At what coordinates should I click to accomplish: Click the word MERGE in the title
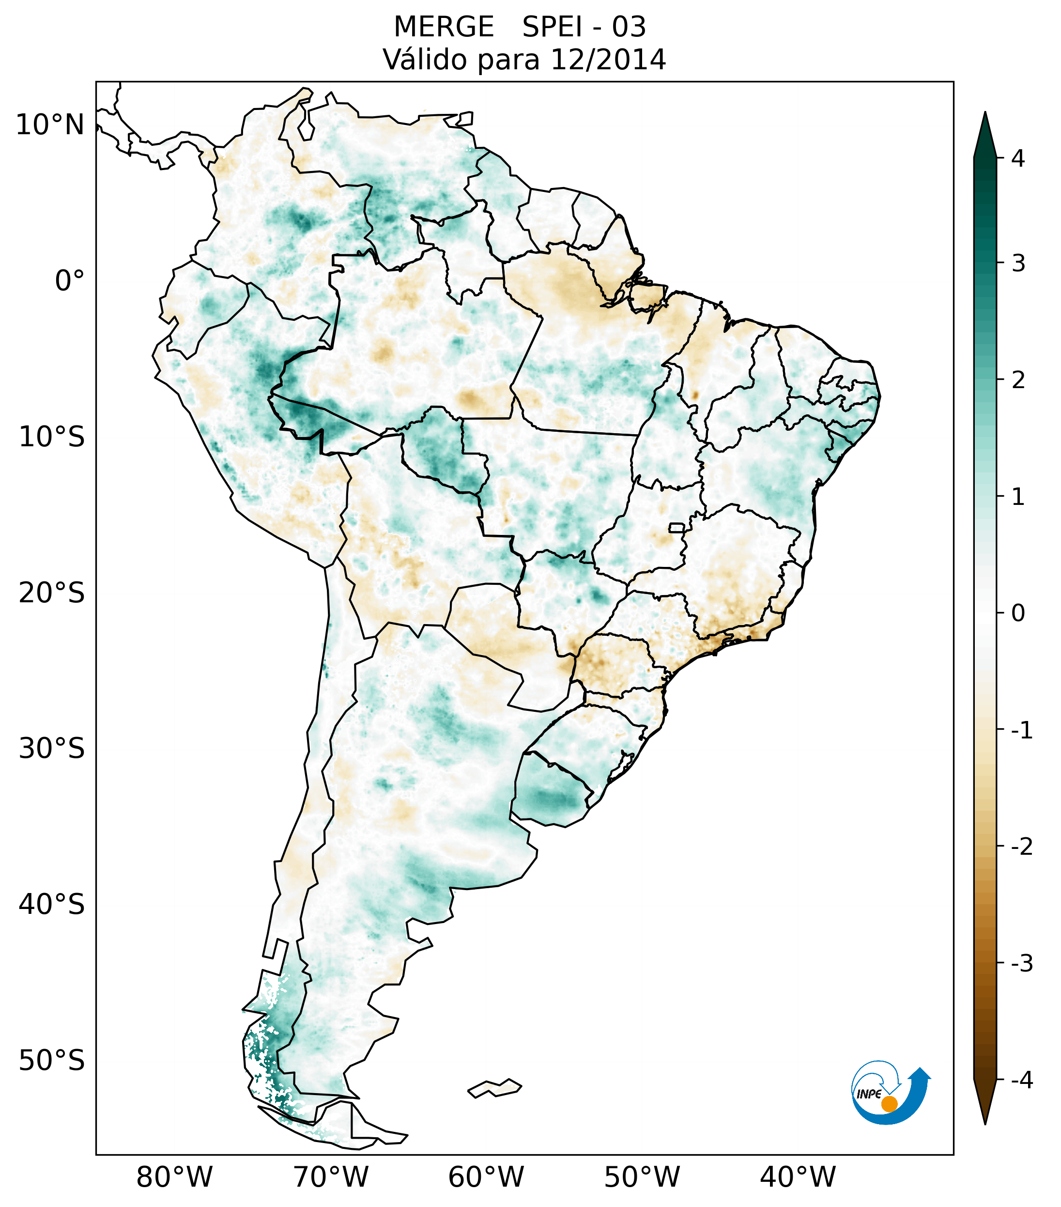click(x=444, y=27)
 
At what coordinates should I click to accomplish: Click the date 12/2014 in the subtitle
click(x=608, y=60)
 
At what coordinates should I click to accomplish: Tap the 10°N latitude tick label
click(x=50, y=125)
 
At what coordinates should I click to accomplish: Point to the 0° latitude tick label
click(x=70, y=281)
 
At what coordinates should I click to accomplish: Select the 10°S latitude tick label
click(x=52, y=438)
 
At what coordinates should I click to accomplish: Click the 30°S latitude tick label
click(x=52, y=749)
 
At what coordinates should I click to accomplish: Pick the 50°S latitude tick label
click(x=52, y=1061)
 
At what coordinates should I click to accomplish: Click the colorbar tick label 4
click(x=1018, y=158)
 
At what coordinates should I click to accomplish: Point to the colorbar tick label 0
click(x=1018, y=613)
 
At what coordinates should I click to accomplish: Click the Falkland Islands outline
click(x=494, y=1088)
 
